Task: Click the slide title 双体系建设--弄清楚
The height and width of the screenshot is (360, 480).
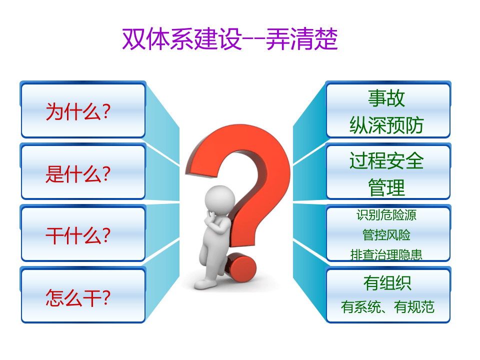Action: tap(230, 39)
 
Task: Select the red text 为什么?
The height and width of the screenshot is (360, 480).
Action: tap(77, 111)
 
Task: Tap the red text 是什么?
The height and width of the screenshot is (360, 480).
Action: tap(77, 174)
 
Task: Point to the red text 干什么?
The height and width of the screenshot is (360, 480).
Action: tap(77, 235)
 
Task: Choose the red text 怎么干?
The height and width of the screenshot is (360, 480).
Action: tap(77, 298)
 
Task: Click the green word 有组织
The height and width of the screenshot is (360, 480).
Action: tap(387, 283)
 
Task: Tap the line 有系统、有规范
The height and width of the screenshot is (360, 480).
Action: tap(387, 306)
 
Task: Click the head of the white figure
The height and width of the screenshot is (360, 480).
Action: tap(219, 197)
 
